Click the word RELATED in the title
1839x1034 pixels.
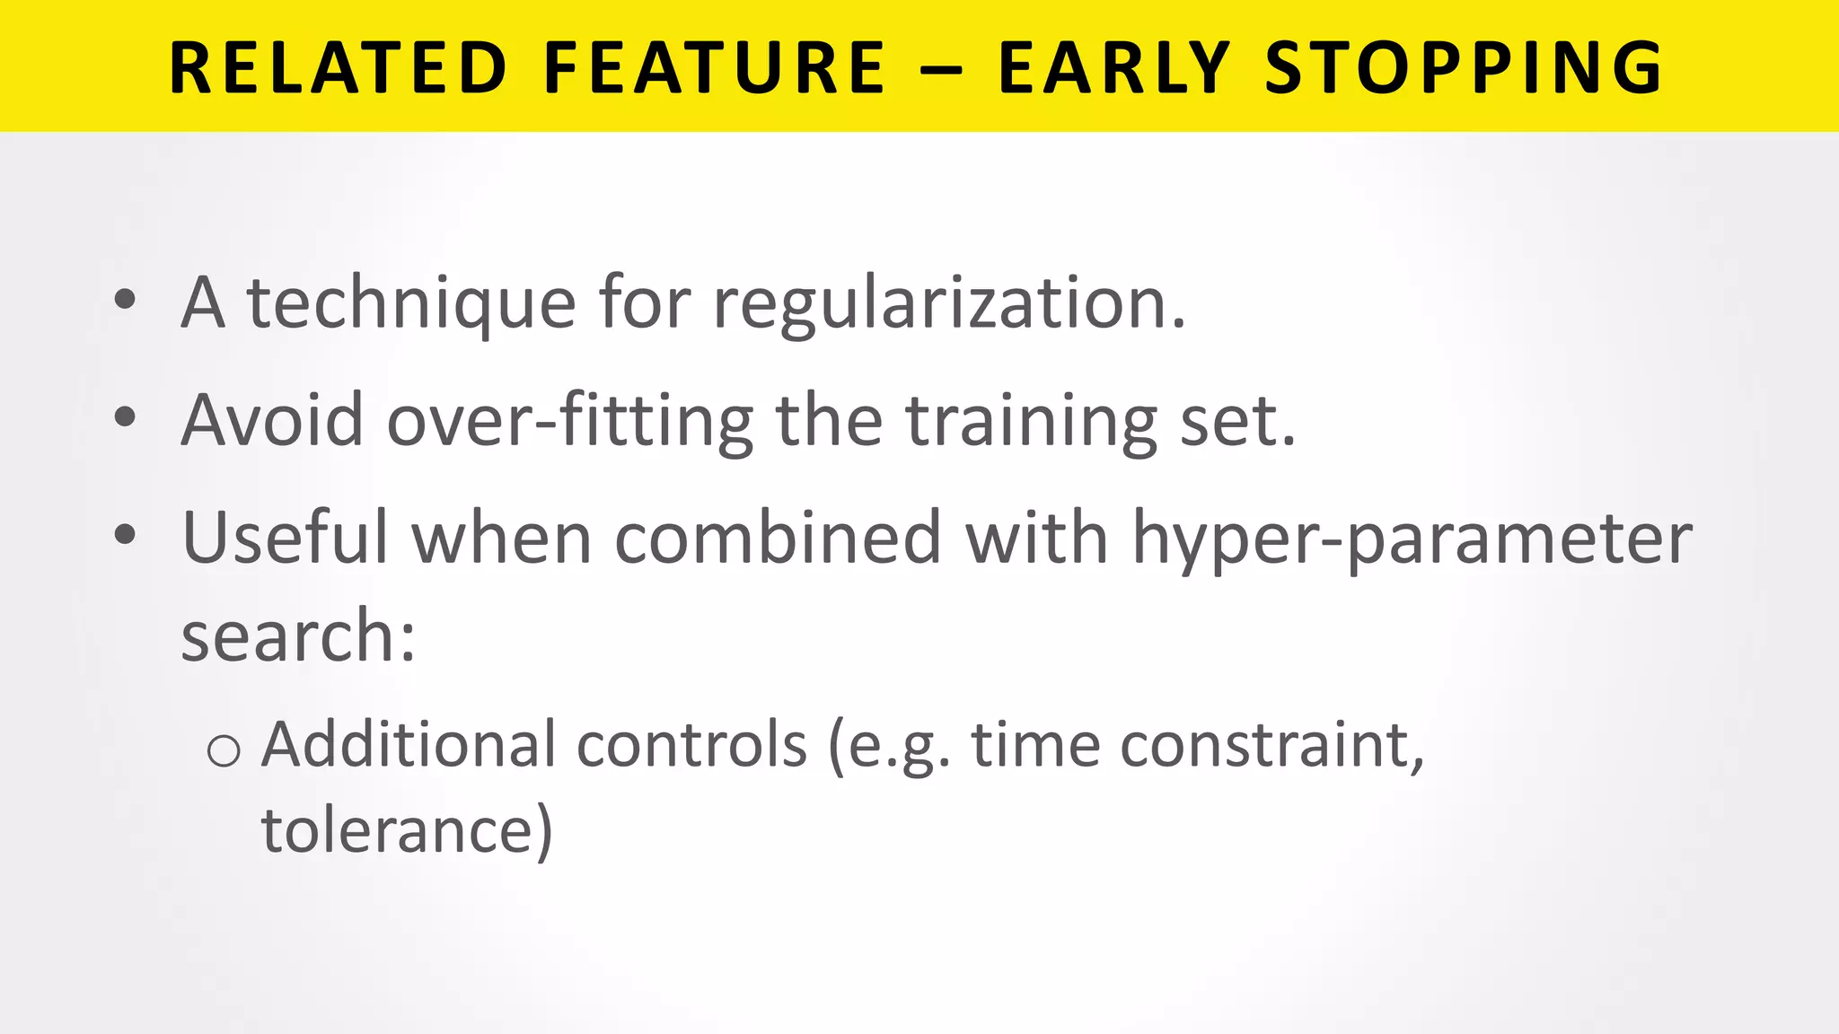pyautogui.click(x=339, y=68)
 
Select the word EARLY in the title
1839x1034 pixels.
pyautogui.click(x=1113, y=68)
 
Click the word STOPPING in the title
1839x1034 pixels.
pyautogui.click(x=1465, y=68)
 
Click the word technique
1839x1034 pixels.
pyautogui.click(x=411, y=303)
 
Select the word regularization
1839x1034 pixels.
pyautogui.click(x=949, y=303)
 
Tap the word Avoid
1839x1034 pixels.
pyautogui.click(x=272, y=420)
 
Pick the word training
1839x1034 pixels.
pyautogui.click(x=1031, y=420)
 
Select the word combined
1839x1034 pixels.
pyautogui.click(x=778, y=538)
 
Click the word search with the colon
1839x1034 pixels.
pyautogui.click(x=298, y=635)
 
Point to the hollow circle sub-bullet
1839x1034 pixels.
pyautogui.click(x=224, y=750)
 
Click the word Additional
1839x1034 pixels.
pyautogui.click(x=409, y=744)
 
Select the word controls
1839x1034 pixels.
pyautogui.click(x=691, y=744)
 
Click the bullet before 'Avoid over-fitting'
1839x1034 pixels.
pyautogui.click(x=125, y=416)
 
